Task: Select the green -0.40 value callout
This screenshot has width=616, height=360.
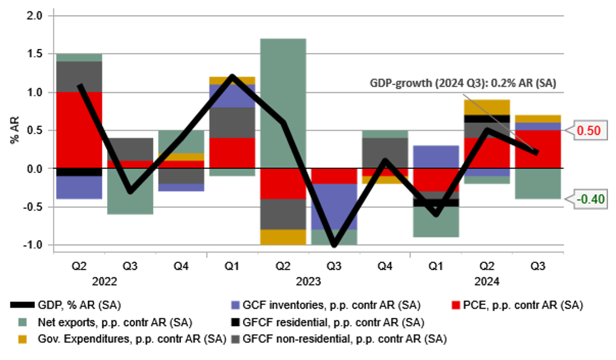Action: [x=590, y=199]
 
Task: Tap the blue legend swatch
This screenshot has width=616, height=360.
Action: [x=235, y=305]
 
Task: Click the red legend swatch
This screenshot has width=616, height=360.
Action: [x=456, y=305]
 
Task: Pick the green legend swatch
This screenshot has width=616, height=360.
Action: [x=22, y=322]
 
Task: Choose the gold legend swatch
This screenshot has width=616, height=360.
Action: [x=22, y=339]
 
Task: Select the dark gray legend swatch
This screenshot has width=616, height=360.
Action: [x=235, y=339]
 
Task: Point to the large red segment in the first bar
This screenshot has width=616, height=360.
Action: [x=79, y=129]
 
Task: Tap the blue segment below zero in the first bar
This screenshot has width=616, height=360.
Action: [x=79, y=188]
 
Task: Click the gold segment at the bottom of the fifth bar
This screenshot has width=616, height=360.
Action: [x=283, y=237]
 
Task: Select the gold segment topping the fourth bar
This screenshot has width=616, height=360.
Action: [x=232, y=80]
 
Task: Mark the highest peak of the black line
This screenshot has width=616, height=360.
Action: [x=232, y=77]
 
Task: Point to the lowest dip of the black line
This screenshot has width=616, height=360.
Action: [x=333, y=245]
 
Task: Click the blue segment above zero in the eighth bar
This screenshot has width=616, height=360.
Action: [x=436, y=155]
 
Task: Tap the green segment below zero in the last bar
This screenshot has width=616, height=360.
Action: [x=538, y=185]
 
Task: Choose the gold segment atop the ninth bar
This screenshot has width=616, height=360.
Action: [x=487, y=106]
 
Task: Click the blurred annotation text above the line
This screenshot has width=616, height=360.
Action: [x=463, y=83]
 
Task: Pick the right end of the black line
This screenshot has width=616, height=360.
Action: [x=536, y=153]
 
